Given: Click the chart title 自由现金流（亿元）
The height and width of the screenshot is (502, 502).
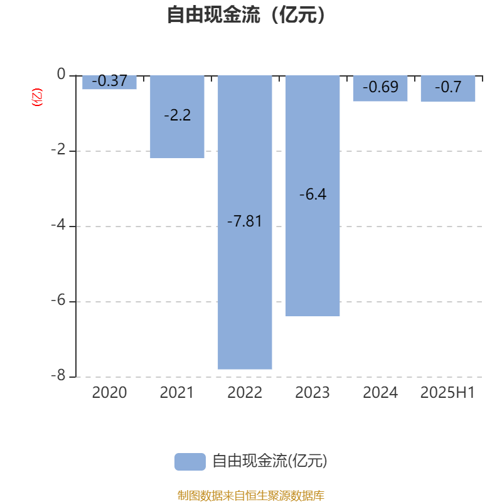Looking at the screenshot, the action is (246, 14).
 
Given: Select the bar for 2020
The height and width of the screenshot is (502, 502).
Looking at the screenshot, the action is (109, 82).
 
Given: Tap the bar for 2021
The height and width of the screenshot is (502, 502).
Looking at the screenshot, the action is (177, 117).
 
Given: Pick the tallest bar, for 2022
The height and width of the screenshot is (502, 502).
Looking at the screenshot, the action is (245, 223).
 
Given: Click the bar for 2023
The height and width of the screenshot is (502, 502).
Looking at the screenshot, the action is (312, 196).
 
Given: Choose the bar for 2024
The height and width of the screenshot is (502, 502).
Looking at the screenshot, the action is (380, 88).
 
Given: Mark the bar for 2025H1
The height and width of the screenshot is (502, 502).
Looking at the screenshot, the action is (448, 88).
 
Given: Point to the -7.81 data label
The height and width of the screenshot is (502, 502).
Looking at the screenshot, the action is (245, 222).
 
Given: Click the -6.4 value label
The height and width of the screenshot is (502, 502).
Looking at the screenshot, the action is (312, 195).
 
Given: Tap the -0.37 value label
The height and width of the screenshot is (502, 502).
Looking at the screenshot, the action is (109, 81).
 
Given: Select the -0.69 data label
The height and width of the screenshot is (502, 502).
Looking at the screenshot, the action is (380, 87).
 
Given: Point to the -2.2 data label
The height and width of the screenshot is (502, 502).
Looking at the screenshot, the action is (178, 115).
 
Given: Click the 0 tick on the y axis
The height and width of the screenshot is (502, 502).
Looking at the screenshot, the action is (61, 74).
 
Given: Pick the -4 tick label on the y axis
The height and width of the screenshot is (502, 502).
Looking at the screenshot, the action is (58, 225).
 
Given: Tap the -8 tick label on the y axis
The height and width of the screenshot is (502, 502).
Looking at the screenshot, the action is (58, 375).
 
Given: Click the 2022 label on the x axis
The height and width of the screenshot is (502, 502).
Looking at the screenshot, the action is (245, 393).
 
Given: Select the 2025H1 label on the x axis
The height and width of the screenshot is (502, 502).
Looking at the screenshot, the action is (448, 393).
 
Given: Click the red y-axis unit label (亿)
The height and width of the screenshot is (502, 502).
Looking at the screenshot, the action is (37, 97).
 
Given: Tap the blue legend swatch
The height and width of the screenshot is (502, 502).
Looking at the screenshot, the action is (190, 462).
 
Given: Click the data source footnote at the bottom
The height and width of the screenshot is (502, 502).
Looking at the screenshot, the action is (251, 495).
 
